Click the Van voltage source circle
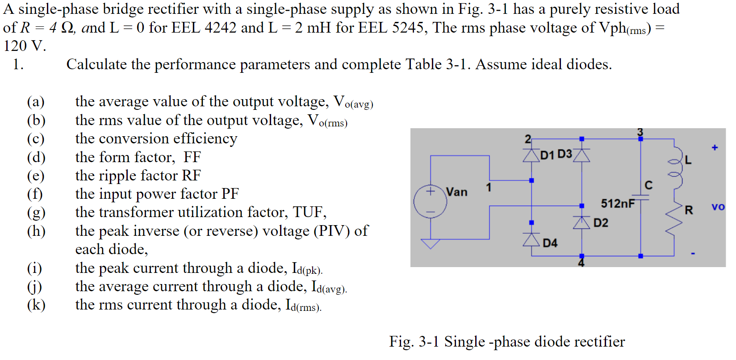point(430,201)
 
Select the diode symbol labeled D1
point(531,155)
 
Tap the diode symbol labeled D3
point(581,155)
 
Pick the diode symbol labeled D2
point(581,222)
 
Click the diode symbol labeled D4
point(531,240)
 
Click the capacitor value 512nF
point(618,204)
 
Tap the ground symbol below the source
point(431,244)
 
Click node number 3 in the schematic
point(640,132)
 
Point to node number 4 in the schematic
point(581,263)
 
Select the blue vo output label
point(718,207)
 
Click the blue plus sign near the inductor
point(715,147)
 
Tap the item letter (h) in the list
point(36,231)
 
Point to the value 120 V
point(25,46)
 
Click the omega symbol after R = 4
point(67,28)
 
